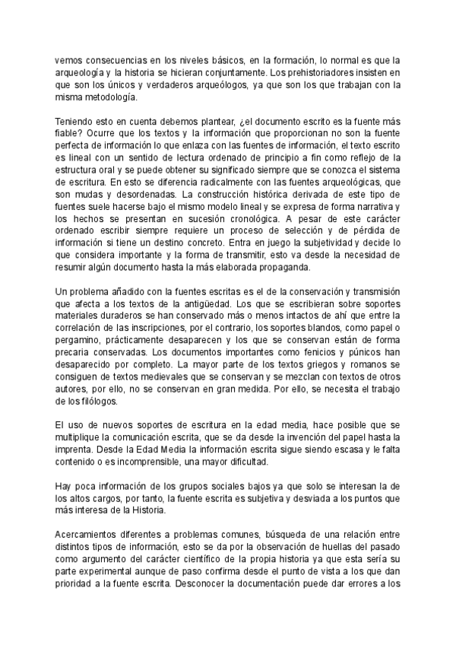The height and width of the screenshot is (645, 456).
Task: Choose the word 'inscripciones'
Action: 146,329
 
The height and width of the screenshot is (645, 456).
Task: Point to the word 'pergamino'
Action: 79,342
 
